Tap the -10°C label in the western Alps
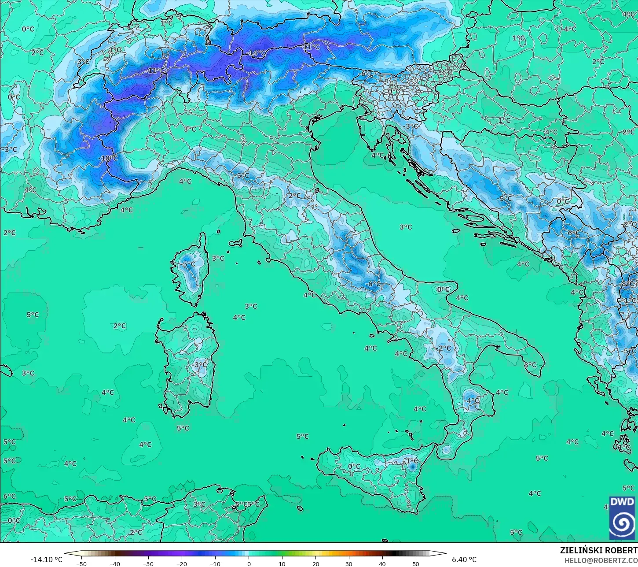tap(108, 158)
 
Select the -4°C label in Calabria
tap(472, 400)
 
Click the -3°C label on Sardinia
tap(200, 364)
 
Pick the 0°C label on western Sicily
tap(354, 466)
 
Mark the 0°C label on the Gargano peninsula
tap(443, 289)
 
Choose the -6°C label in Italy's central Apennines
tap(373, 284)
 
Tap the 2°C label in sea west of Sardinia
tap(120, 326)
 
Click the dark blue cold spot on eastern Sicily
tap(412, 466)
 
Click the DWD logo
tap(622, 518)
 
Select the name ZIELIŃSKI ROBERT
tap(598, 550)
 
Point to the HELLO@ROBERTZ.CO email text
tap(601, 560)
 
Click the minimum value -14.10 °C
tap(46, 560)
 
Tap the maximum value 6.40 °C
tap(464, 560)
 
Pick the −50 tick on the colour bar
tap(81, 563)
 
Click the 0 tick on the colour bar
tap(249, 563)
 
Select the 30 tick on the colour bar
tap(349, 563)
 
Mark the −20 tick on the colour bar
tap(182, 563)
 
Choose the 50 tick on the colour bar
tap(416, 563)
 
